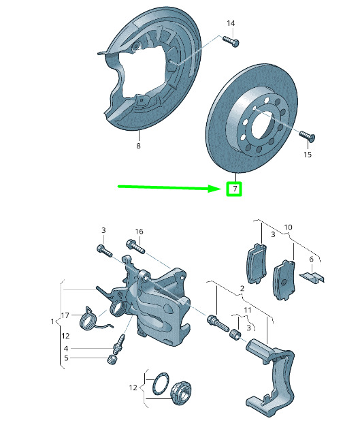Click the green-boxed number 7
235,188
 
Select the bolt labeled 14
231,42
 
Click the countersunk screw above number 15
307,136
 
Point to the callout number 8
138,146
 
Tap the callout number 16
139,232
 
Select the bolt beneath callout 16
135,247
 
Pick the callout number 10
288,227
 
